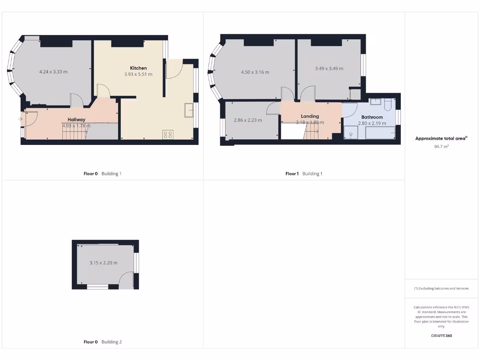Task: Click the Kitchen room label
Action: [x=138, y=68]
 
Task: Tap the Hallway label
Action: [x=76, y=120]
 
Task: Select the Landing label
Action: [x=310, y=116]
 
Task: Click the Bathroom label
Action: [x=372, y=117]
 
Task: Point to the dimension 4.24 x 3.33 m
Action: [x=53, y=72]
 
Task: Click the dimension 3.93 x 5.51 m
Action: [x=138, y=75]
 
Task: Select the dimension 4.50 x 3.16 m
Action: [x=255, y=72]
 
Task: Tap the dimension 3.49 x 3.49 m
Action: [x=329, y=68]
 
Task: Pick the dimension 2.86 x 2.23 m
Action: [x=248, y=120]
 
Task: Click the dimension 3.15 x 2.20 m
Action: [x=103, y=263]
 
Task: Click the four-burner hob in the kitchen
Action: [x=167, y=135]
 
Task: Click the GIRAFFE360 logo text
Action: [x=442, y=336]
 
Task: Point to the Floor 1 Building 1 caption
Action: [x=304, y=174]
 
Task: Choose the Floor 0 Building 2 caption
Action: [x=103, y=342]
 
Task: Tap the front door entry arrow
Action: [x=20, y=119]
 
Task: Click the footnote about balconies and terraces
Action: [x=441, y=288]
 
